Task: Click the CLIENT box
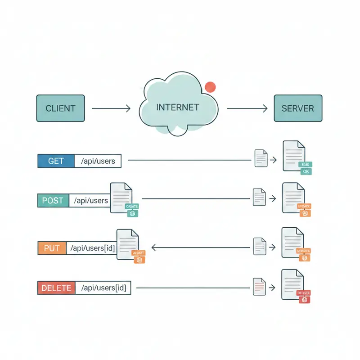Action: pos(60,108)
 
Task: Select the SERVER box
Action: pos(298,108)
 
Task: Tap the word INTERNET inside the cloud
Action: pos(177,108)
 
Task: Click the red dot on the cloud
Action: pos(210,87)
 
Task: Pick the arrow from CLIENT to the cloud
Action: pos(111,108)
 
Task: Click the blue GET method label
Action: pos(56,161)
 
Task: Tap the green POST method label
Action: pos(53,200)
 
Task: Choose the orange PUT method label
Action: pos(52,248)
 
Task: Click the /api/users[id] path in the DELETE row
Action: pos(103,288)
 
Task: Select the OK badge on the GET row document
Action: pos(306,171)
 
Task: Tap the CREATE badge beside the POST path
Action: pos(132,206)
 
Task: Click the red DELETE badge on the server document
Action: pos(304,292)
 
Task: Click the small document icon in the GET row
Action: pos(261,158)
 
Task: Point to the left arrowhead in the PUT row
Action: pos(153,247)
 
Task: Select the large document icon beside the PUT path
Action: pos(127,243)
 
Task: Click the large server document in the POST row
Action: pos(292,197)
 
